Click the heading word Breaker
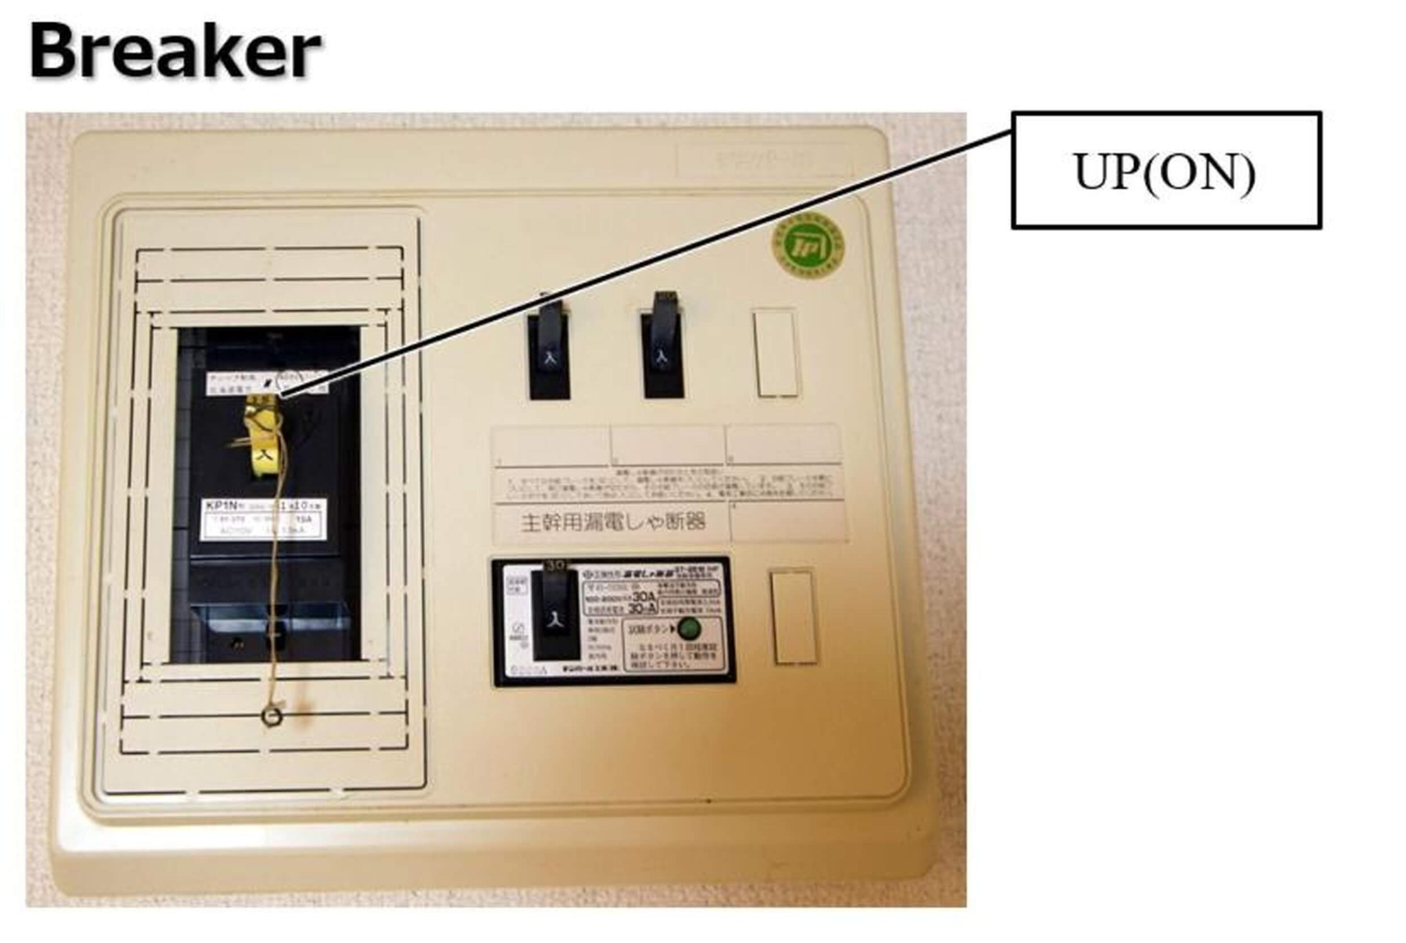coord(174,52)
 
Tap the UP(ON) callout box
coord(1166,170)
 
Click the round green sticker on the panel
coord(807,247)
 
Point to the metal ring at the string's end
coord(272,717)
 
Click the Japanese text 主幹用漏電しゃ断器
coord(613,522)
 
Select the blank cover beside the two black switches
coord(776,354)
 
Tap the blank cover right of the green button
coord(793,616)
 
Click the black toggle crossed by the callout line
coord(549,350)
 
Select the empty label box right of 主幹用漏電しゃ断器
coord(787,522)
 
